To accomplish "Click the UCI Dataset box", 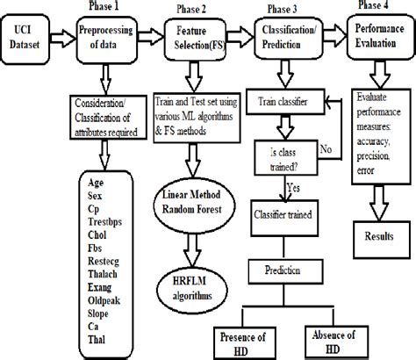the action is click(25, 39).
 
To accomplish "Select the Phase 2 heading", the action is click(191, 10).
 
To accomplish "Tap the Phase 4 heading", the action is click(373, 4).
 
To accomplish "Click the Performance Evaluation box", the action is click(381, 37).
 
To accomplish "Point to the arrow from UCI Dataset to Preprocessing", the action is click(63, 38).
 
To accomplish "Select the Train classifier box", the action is click(285, 101).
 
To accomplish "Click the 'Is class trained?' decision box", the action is click(286, 158).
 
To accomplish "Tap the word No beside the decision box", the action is click(326, 149).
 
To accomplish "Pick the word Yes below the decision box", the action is click(293, 187).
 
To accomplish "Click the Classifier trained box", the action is click(284, 218).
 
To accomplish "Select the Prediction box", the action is click(285, 271).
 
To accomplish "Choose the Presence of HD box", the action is click(245, 343).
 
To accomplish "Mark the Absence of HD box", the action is click(336, 342).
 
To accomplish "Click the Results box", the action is click(382, 240).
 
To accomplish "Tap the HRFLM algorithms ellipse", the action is click(192, 289).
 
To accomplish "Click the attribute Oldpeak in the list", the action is click(104, 300).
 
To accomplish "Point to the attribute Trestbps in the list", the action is click(104, 222).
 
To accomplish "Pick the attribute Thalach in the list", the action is click(103, 274).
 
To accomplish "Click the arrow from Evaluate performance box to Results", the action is click(379, 203).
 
